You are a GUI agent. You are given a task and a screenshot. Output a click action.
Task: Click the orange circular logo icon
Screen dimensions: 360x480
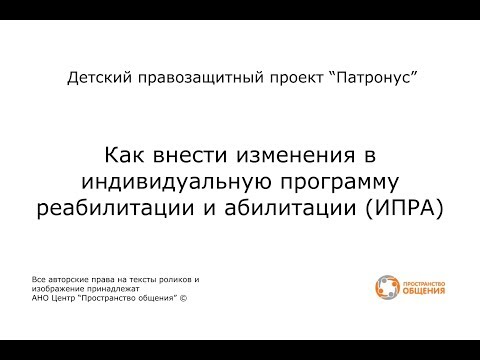pyautogui.click(x=386, y=288)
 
